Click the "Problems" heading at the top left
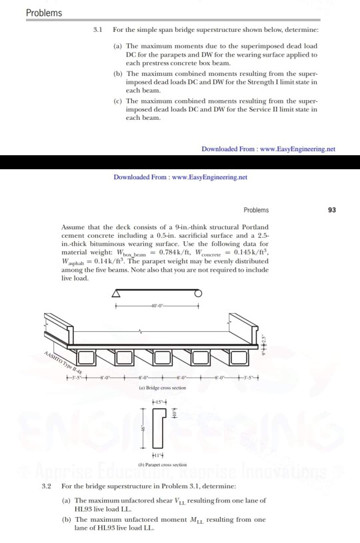(x=44, y=13)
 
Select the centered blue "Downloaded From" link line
(x=180, y=178)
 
